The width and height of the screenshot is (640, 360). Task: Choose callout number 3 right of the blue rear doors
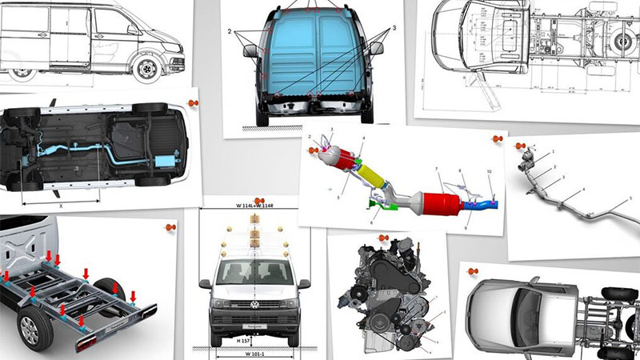(x=394, y=30)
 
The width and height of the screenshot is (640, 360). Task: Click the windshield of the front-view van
(x=254, y=272)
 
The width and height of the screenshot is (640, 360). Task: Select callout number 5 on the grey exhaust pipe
(x=630, y=198)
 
